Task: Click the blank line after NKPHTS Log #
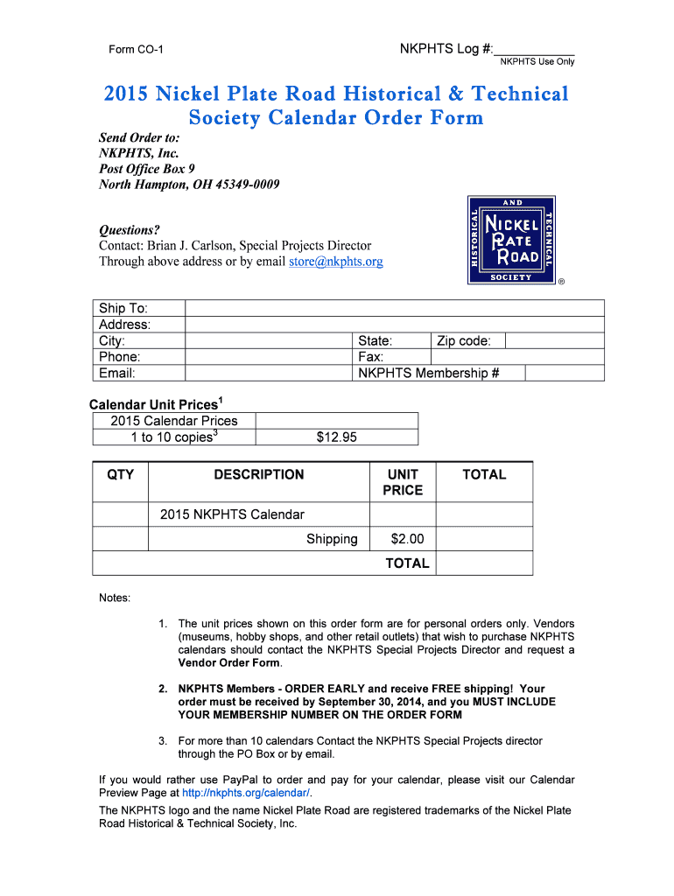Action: (535, 49)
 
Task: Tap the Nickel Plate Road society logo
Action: (512, 240)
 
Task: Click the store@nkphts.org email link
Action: (335, 262)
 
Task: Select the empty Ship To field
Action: (394, 308)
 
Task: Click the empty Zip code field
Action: (554, 340)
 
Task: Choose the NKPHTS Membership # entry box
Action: (564, 374)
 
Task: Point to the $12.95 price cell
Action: (336, 437)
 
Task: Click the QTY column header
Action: (121, 474)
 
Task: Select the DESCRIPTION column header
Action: (259, 474)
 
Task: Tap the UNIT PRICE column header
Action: (403, 482)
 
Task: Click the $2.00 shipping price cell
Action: (403, 539)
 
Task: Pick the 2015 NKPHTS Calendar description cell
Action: (259, 514)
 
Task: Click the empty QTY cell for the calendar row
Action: (121, 514)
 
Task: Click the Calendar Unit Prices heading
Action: (156, 404)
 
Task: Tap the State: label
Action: (376, 341)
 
